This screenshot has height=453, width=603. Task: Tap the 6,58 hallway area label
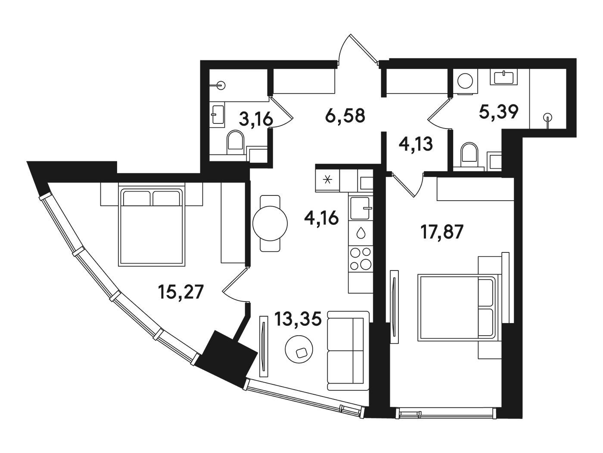click(x=345, y=116)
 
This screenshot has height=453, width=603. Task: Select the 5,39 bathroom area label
click(x=499, y=112)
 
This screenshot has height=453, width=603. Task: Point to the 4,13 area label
click(x=416, y=144)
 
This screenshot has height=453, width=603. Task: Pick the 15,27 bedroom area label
click(x=180, y=292)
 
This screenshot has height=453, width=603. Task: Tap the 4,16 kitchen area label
click(x=321, y=219)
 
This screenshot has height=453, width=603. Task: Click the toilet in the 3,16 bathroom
click(x=236, y=142)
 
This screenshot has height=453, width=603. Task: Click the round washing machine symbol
click(x=465, y=81)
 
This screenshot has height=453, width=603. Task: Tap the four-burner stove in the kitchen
click(x=361, y=258)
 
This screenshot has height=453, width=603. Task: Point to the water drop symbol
click(x=361, y=233)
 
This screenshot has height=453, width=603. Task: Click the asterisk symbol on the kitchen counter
click(x=327, y=180)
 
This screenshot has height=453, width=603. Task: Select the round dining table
click(x=270, y=223)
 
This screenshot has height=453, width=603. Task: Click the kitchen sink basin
click(x=360, y=208)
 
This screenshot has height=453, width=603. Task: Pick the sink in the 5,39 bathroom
click(x=504, y=77)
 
